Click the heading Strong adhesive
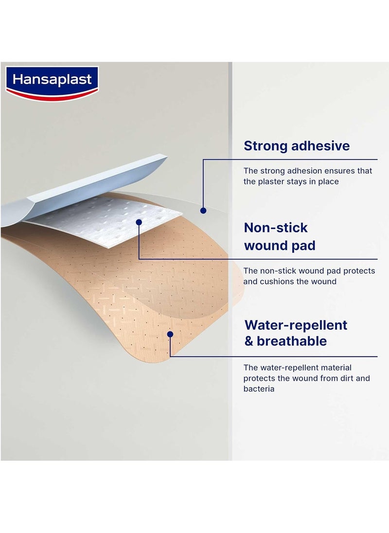tap(297, 145)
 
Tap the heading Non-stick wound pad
tap(280, 236)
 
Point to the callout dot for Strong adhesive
tap(203, 210)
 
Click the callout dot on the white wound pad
tap(139, 222)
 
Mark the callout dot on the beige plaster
tap(170, 334)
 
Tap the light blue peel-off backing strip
tap(88, 187)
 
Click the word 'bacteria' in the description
tap(259, 389)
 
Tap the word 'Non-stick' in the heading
tap(276, 228)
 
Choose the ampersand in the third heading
tap(249, 341)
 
